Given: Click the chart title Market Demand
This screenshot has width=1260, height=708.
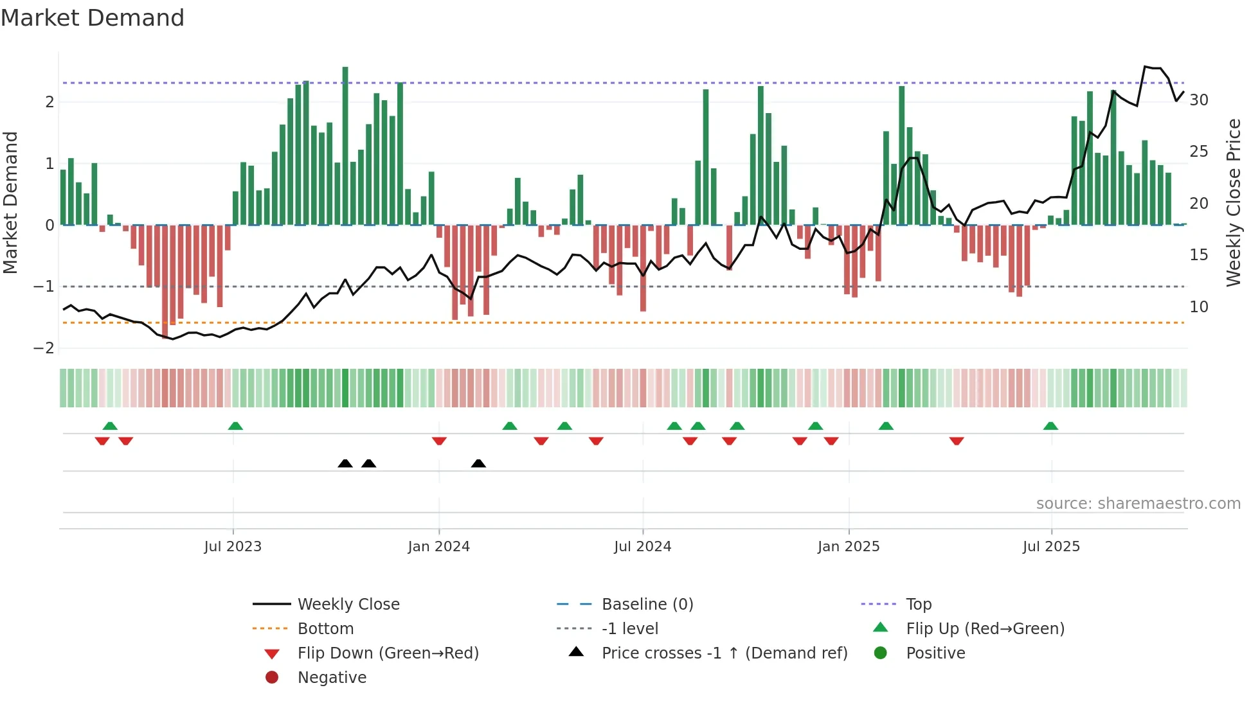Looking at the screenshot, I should click(x=93, y=18).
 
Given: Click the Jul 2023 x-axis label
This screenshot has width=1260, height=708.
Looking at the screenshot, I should click(x=233, y=547).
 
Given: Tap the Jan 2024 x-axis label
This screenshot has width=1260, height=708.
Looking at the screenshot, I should click(x=438, y=547).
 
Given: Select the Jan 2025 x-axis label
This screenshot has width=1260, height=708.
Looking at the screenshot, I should click(x=848, y=547).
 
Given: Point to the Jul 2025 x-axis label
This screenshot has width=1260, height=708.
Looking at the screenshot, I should click(x=1051, y=547).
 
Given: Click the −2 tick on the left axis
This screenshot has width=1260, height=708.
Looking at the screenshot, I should click(x=44, y=348).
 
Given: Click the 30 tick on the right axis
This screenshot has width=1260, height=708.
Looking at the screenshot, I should click(x=1199, y=100).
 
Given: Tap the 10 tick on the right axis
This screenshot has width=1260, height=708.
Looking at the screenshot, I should click(x=1199, y=307).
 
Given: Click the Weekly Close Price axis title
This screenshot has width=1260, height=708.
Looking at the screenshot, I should click(x=1233, y=202).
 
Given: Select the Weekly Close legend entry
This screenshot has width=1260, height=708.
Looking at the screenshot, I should click(x=348, y=605).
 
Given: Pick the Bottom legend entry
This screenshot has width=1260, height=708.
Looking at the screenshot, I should click(x=325, y=629).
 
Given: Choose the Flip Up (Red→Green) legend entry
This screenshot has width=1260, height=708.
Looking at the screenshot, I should click(x=985, y=629).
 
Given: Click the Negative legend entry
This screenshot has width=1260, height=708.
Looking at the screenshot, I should click(x=332, y=678).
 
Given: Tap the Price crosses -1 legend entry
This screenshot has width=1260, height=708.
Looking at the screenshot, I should click(x=724, y=653).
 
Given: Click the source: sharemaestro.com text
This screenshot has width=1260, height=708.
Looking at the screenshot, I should click(x=1138, y=504).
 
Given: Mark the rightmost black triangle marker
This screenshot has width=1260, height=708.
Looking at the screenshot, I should click(x=478, y=464).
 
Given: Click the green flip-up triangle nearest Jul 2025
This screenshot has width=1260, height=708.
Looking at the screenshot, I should click(x=1050, y=426).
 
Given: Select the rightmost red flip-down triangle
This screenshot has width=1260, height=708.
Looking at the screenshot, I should click(x=957, y=441).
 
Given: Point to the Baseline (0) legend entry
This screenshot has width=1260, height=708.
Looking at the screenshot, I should click(x=647, y=605).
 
